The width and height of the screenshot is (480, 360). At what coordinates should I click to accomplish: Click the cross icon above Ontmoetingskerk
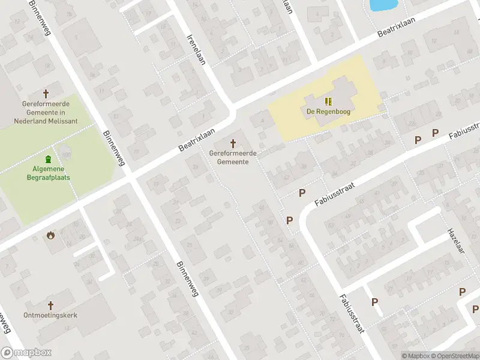(x=51, y=305)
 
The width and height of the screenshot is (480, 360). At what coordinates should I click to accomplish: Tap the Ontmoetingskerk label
(x=50, y=316)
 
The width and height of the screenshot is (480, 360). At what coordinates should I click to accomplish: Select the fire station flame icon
(x=50, y=235)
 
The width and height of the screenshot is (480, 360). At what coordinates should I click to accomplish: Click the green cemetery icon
(x=48, y=159)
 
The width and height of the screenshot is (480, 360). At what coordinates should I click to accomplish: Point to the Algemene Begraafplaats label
(x=48, y=173)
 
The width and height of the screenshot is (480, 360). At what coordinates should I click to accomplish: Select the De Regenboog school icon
(x=328, y=101)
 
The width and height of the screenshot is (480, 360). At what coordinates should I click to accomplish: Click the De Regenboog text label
(x=328, y=111)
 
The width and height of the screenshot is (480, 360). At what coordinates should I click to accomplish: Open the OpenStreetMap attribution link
(x=454, y=356)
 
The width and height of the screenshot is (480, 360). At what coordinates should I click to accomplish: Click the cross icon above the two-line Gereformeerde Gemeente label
(x=233, y=143)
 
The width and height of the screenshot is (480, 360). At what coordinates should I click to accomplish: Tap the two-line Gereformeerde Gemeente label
(x=233, y=158)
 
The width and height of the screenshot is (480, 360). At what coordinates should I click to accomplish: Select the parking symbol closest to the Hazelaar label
(x=463, y=292)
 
